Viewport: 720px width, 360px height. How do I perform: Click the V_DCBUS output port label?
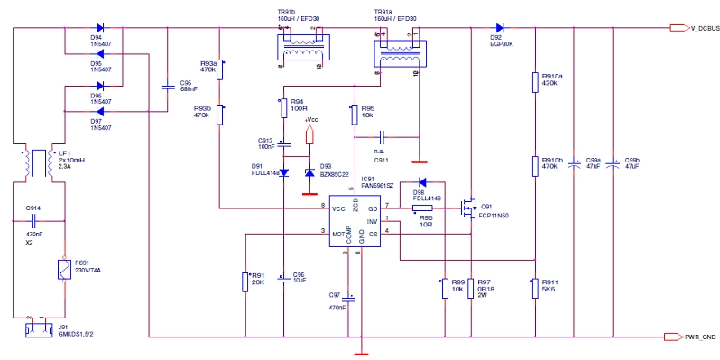[x=694, y=29]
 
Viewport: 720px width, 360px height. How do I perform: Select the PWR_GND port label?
[x=694, y=337]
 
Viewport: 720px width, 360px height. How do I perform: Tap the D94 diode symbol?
[x=99, y=28]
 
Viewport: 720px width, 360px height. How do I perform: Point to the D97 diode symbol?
[x=99, y=112]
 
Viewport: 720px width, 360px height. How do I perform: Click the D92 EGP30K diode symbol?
[x=497, y=28]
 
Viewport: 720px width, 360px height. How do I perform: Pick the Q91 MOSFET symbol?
[x=468, y=208]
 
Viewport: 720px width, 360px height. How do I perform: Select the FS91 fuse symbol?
[x=63, y=269]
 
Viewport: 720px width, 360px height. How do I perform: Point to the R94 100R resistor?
[x=283, y=107]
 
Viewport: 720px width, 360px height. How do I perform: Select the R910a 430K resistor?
[x=535, y=82]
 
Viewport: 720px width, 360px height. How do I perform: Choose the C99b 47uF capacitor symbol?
[x=614, y=164]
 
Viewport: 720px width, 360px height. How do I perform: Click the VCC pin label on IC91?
[x=339, y=208]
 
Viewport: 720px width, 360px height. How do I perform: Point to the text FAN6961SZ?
[x=376, y=184]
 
